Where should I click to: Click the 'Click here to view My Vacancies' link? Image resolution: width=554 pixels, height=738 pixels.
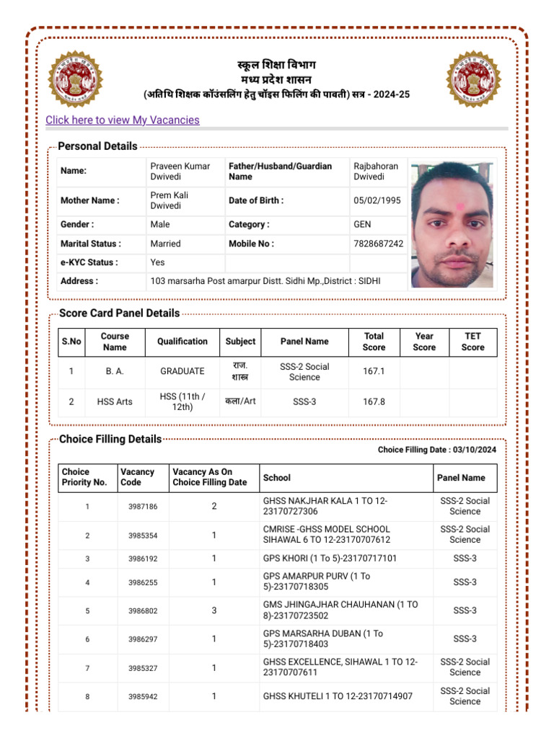[123, 120]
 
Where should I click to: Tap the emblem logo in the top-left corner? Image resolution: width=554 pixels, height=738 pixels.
[76, 79]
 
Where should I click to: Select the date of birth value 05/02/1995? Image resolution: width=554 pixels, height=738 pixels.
[377, 200]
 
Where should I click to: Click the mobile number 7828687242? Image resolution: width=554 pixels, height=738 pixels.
[379, 244]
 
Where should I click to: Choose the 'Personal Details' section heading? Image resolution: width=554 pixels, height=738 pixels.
[97, 146]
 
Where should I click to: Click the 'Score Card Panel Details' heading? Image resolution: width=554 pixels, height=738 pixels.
[119, 314]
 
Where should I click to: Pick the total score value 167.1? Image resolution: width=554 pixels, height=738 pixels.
[374, 371]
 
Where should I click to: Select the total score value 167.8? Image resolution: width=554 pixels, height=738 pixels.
[374, 401]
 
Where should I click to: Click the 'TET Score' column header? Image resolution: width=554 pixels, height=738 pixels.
[472, 342]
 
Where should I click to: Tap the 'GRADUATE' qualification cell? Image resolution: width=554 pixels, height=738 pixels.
[183, 371]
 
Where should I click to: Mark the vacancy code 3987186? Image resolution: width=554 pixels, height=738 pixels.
[143, 507]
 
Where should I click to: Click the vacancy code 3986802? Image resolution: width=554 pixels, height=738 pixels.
[143, 610]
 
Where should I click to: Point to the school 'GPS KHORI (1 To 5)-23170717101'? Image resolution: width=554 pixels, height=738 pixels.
[330, 559]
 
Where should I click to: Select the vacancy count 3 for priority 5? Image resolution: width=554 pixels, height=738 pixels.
[214, 610]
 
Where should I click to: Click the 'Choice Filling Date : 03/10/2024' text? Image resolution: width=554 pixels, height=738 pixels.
[437, 450]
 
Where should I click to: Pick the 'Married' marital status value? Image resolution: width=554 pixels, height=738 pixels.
[166, 244]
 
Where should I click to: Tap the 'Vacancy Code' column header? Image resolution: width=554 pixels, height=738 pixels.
[138, 477]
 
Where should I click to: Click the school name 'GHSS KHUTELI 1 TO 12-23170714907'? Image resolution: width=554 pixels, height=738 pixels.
[338, 696]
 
